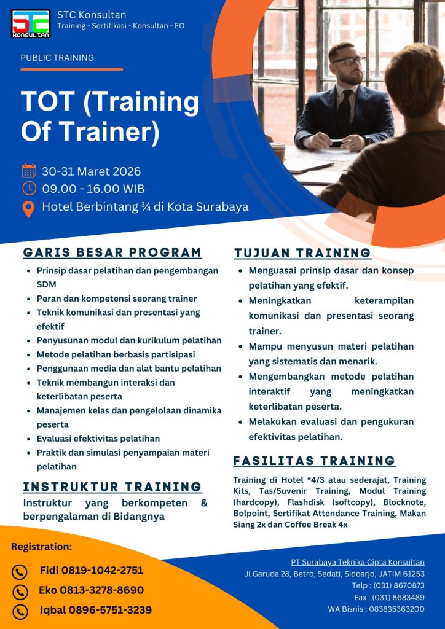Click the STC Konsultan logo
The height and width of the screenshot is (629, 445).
31,24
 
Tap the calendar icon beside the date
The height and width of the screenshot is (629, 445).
29,171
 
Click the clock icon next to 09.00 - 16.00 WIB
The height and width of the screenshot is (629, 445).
29,188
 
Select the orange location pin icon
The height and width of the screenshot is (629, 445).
29,208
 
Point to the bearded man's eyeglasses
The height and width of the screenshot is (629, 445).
348,61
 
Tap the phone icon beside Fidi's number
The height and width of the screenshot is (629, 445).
20,572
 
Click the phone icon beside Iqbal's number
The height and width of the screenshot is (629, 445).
20,611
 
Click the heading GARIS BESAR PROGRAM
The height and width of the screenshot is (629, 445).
112,252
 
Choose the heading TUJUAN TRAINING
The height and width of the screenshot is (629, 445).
302,253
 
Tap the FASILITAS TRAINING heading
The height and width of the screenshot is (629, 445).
314,461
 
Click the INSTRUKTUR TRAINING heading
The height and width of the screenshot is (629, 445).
112,487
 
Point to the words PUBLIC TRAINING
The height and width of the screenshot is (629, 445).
57,58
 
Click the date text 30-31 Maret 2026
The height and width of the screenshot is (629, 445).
92,171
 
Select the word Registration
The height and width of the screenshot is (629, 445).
41,547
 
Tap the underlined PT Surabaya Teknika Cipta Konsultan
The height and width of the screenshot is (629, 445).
358,562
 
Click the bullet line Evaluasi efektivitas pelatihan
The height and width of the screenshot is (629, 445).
98,439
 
